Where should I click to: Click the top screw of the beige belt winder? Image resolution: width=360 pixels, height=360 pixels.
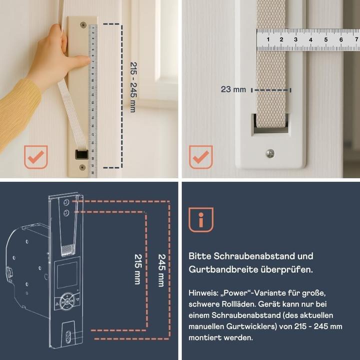point(83,25)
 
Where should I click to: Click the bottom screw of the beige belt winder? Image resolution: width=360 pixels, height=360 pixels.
point(82,167)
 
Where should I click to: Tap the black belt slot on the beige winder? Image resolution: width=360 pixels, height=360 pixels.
point(81,154)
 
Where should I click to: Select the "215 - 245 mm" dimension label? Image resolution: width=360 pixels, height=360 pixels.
point(132,87)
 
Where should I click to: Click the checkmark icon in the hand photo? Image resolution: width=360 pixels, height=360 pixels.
point(35,157)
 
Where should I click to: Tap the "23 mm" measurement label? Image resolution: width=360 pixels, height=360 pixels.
point(233,89)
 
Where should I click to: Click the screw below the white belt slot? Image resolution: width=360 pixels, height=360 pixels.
point(270,153)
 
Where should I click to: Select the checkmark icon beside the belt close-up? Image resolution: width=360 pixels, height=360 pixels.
point(200,157)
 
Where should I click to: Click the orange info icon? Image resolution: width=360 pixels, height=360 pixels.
point(200,219)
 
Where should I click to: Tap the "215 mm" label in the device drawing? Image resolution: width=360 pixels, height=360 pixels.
point(137,269)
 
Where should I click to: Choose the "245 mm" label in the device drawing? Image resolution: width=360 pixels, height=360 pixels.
point(161,270)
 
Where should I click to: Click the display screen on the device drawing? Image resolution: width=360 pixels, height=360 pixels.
point(67,275)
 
